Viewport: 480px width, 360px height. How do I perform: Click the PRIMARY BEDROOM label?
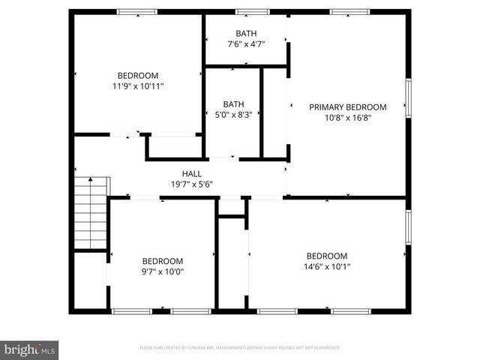pyautogui.click(x=348, y=107)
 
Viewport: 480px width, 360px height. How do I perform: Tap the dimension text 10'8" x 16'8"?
pyautogui.click(x=348, y=118)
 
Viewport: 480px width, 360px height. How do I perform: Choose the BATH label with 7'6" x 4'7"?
pyautogui.click(x=245, y=34)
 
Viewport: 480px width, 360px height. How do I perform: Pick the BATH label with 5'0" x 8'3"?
pyautogui.click(x=233, y=104)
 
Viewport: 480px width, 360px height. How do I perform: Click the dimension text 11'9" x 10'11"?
pyautogui.click(x=138, y=86)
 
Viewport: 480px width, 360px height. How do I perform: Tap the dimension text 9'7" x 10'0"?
pyautogui.click(x=163, y=272)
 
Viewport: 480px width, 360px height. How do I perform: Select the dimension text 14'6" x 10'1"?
pyautogui.click(x=327, y=266)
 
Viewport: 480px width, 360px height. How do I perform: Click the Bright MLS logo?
pyautogui.click(x=30, y=349)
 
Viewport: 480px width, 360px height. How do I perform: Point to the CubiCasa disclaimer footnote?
pyautogui.click(x=240, y=348)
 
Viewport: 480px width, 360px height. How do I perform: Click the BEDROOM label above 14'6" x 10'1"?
pyautogui.click(x=327, y=256)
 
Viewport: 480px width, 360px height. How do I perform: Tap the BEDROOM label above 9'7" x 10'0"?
pyautogui.click(x=163, y=261)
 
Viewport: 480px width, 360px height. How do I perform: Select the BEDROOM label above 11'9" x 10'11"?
pyautogui.click(x=138, y=75)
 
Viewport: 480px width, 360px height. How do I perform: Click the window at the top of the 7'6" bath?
pyautogui.click(x=253, y=12)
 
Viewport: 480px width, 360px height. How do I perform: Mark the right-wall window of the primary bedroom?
pyautogui.click(x=409, y=97)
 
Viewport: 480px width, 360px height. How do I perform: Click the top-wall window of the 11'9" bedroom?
pyautogui.click(x=137, y=12)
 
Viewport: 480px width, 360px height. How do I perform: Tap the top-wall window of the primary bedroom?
pyautogui.click(x=349, y=12)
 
